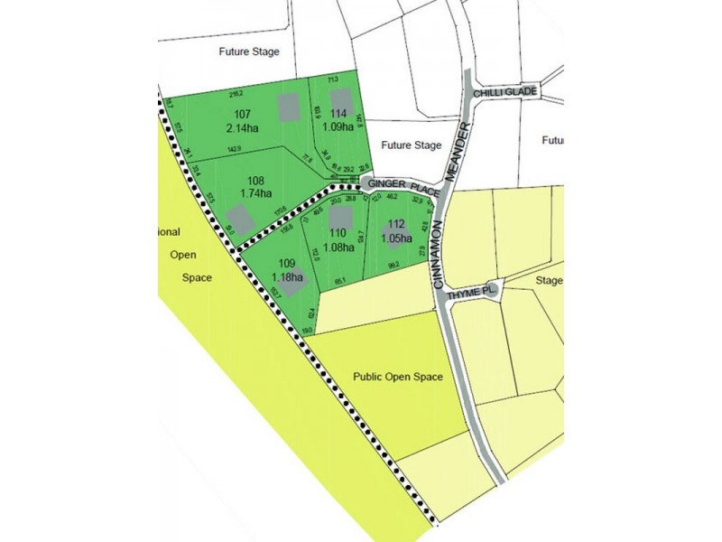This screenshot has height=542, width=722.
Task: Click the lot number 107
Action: pos(242,114)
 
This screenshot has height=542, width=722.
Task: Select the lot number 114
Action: pos(338,112)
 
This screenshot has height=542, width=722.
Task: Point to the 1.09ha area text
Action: pos(339,126)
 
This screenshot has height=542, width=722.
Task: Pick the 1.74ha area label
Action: pos(257,193)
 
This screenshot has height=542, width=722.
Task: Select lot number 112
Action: pos(395,225)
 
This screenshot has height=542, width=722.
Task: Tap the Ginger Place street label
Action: pos(403,187)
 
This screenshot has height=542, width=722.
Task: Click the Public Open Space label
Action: pos(398,377)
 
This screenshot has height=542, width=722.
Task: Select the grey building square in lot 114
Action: pos(338,96)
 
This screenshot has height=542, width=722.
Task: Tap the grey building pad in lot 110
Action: pos(339,218)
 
